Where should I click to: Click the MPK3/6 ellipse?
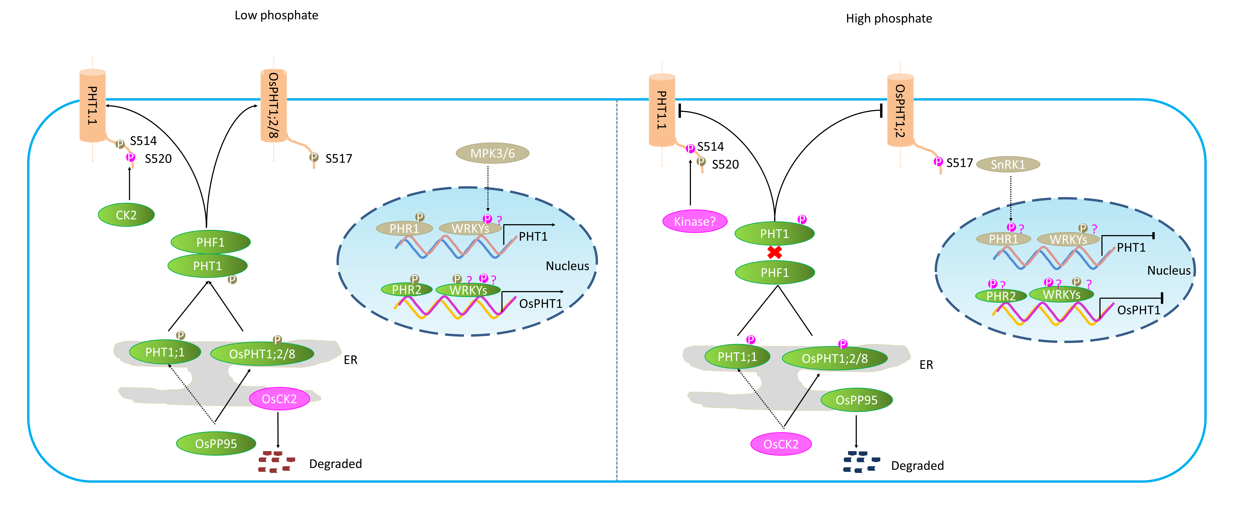tap(492, 153)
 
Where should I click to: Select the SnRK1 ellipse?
tap(1008, 165)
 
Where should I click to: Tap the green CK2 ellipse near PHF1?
tap(126, 215)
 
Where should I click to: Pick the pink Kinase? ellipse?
tap(694, 221)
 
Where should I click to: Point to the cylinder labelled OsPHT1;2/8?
tap(274, 105)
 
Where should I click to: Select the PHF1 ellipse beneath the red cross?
tap(774, 272)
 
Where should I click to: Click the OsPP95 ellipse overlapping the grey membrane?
tap(856, 400)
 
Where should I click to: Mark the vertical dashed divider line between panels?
tap(617, 288)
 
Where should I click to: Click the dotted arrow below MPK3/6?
tap(487, 199)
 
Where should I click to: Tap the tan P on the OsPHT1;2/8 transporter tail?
tap(314, 157)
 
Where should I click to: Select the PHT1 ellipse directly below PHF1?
tap(207, 266)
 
